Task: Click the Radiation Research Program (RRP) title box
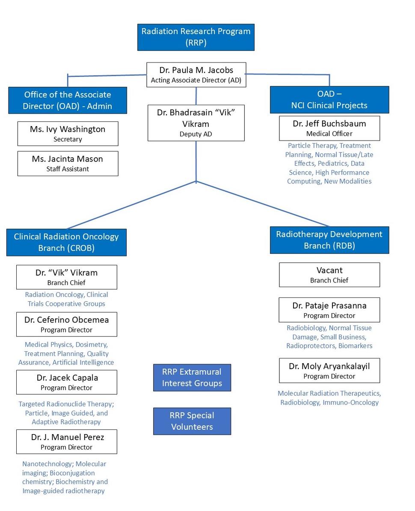pos(196,37)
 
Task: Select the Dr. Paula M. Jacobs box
pos(196,75)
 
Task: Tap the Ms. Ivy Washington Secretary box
pos(68,133)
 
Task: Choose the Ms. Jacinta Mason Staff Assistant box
pos(68,163)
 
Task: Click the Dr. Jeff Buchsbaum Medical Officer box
pos(329,128)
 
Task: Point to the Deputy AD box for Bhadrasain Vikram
pos(196,123)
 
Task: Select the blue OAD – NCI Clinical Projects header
pos(329,100)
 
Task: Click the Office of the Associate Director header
pos(68,100)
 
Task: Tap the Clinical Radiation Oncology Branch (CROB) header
pos(66,242)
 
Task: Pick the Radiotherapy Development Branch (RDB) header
pos(329,240)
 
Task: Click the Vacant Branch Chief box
pos(329,275)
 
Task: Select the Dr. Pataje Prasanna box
pos(329,310)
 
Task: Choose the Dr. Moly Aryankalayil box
pos(329,370)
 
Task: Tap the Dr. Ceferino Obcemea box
pos(66,324)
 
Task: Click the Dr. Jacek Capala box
pos(66,382)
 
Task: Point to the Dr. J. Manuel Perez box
pos(66,441)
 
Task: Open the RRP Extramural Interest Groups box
pos(192,377)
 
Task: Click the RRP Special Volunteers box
pos(192,421)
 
